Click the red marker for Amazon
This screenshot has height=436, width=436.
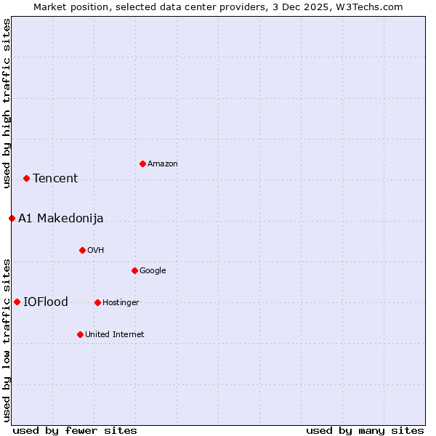[x=142, y=163]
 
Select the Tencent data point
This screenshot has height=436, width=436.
[x=26, y=178]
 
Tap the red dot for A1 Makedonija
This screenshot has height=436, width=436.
[x=12, y=218]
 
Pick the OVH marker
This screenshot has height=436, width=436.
[x=82, y=250]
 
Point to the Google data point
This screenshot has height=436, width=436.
[x=134, y=270]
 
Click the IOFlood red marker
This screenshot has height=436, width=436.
[x=17, y=302]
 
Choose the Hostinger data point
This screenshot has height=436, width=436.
[x=97, y=302]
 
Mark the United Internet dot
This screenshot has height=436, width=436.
[x=80, y=334]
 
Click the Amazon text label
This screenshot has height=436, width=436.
[x=163, y=164]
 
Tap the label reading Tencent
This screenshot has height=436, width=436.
[x=55, y=178]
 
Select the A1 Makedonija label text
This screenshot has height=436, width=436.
[x=61, y=218]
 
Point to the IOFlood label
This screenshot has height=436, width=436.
[x=46, y=302]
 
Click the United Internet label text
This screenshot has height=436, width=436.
[x=115, y=335]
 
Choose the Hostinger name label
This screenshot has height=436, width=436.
[x=121, y=303]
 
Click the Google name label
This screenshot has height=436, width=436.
[x=153, y=271]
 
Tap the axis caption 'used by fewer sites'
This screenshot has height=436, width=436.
[x=75, y=430]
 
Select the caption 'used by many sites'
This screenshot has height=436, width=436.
[x=365, y=430]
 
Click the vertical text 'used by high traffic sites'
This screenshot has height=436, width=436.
[x=7, y=103]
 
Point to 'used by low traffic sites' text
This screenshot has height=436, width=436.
[x=7, y=339]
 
